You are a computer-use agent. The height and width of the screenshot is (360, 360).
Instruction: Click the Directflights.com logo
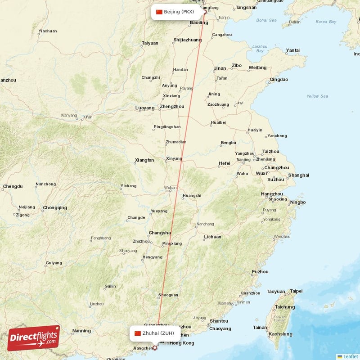34,338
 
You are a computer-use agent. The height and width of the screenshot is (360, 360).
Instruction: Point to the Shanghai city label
299,175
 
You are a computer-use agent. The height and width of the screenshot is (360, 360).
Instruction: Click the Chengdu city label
13,186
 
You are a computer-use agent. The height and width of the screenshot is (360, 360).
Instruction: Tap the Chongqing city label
55,208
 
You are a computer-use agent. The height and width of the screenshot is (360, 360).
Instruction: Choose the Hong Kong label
182,343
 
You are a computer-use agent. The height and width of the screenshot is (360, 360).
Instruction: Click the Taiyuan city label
150,43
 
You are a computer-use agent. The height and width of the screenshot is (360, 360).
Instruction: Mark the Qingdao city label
279,80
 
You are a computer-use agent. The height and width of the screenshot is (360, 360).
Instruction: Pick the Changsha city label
160,233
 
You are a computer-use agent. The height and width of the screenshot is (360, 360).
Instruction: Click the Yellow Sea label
317,96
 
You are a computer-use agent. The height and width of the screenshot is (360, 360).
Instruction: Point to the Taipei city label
296,291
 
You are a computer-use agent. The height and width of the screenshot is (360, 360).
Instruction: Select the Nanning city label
81,331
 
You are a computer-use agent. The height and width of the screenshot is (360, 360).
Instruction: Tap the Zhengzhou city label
172,107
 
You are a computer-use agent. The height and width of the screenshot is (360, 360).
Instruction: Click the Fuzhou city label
260,272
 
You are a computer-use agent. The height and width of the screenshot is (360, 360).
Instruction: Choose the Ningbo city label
298,202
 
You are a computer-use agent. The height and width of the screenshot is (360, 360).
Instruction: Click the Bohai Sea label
266,20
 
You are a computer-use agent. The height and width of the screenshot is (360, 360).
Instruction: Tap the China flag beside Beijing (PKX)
159,12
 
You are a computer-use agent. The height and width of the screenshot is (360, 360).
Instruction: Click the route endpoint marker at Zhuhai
155,347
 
